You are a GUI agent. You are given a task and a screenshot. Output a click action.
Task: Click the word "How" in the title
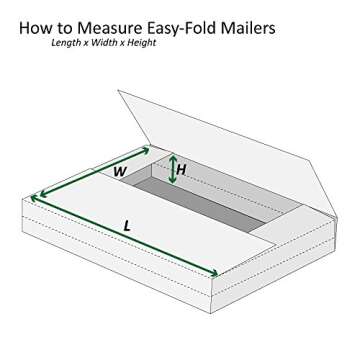tap(37, 28)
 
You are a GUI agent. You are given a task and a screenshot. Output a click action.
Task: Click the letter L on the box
tap(127, 226)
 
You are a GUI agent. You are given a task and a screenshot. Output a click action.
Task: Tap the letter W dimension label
tap(119, 172)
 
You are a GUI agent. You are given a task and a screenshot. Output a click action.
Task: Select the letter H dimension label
tap(181, 170)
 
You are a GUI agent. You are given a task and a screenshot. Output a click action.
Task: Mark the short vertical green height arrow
tap(172, 169)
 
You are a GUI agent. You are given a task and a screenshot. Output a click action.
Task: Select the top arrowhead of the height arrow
tap(172, 156)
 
